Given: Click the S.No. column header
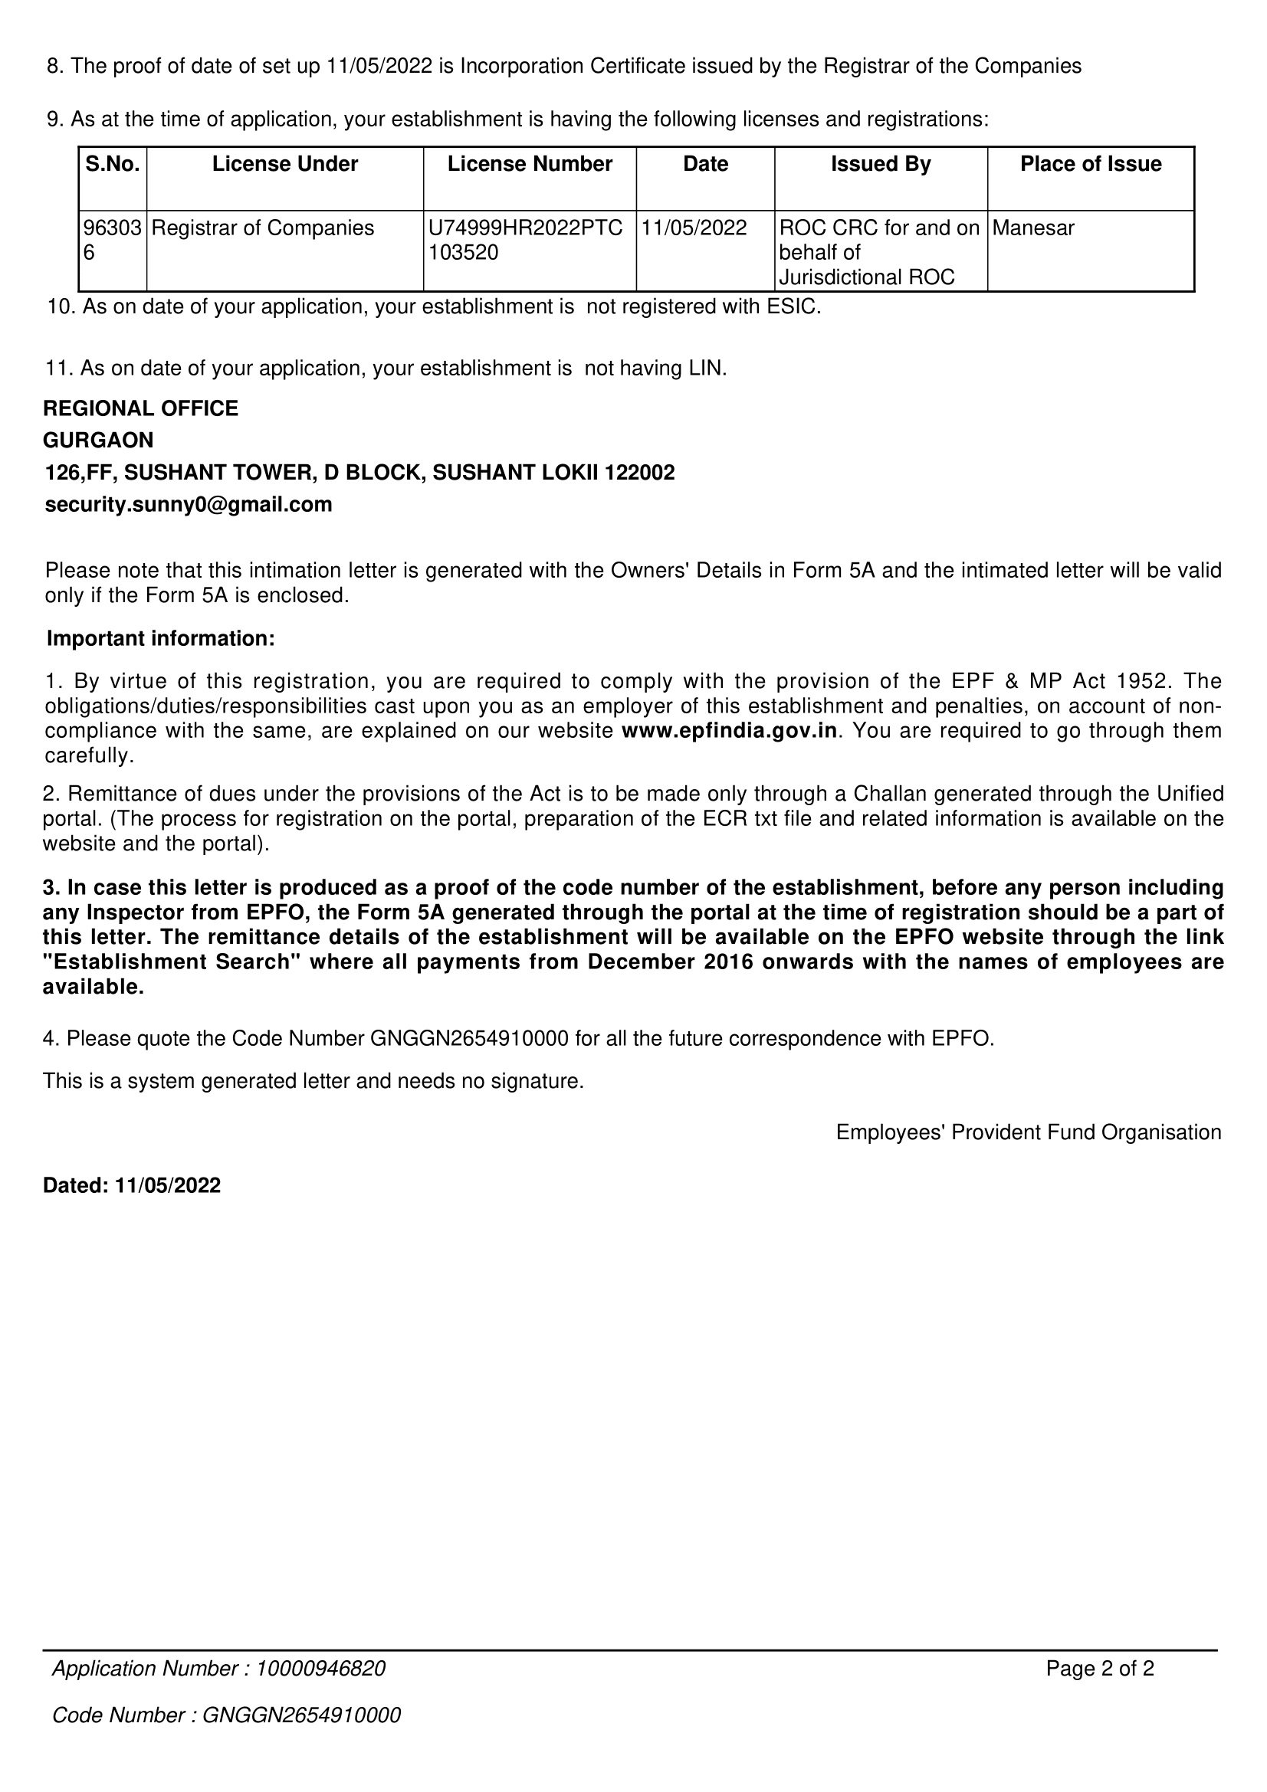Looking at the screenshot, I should [x=113, y=164].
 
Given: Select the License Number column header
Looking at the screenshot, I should [x=530, y=164].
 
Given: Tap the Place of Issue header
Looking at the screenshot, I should [x=1090, y=164].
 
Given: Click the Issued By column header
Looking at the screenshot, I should [x=880, y=164].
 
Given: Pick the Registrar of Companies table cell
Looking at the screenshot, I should [x=262, y=228].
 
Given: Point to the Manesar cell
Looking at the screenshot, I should [x=1032, y=228].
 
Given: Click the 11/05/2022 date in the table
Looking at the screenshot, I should [x=694, y=228].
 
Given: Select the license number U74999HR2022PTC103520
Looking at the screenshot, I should [x=525, y=240].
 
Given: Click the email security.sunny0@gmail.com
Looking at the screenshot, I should [x=188, y=504].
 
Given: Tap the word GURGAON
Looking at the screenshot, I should [x=98, y=441].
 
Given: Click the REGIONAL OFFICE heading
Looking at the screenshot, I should [x=140, y=408].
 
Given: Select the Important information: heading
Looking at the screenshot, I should [x=161, y=638].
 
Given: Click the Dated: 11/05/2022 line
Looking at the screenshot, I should [x=132, y=1185].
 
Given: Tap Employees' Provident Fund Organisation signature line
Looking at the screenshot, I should [x=1028, y=1132].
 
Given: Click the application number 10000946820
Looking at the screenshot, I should [x=320, y=1669].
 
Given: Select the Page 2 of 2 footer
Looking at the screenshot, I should [x=1099, y=1669].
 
